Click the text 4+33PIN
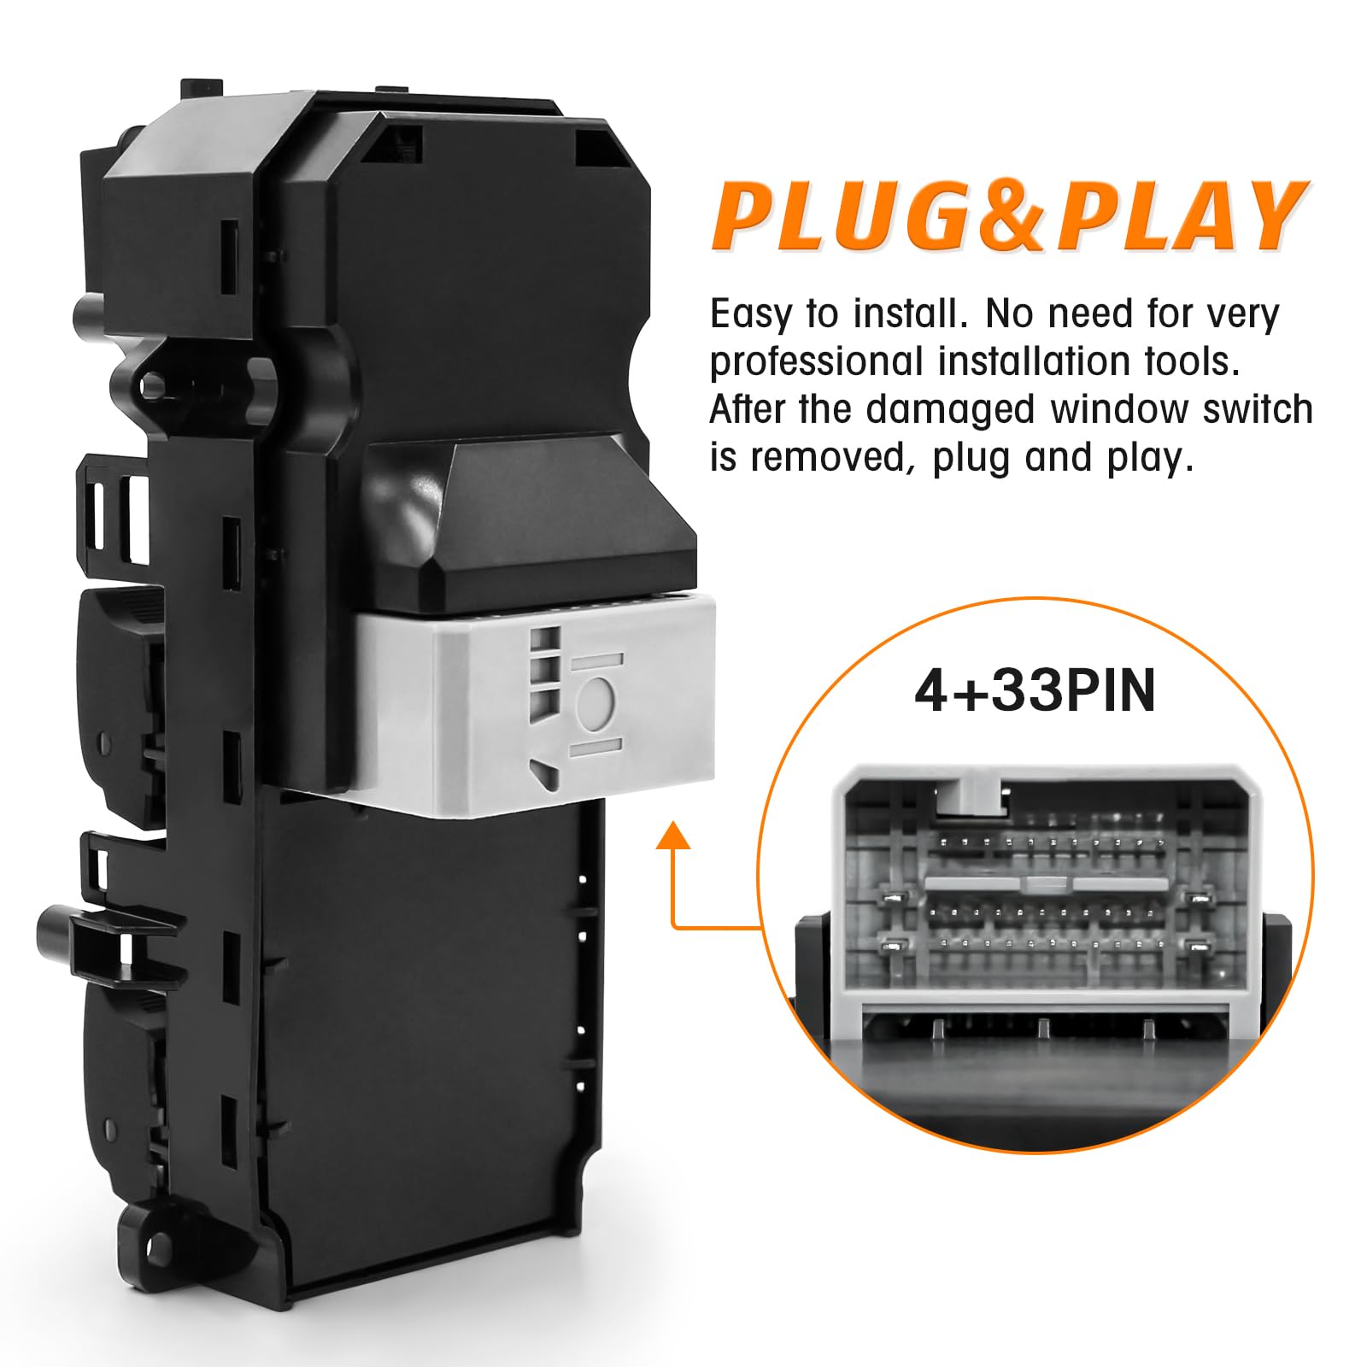click(x=1035, y=690)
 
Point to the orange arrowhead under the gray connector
click(x=673, y=835)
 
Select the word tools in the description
click(x=1191, y=362)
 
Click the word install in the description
click(x=906, y=314)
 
